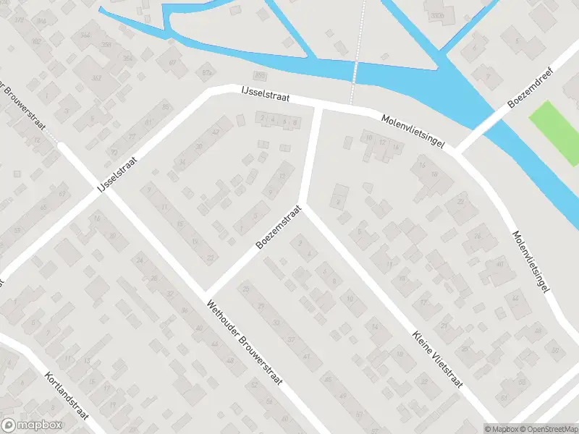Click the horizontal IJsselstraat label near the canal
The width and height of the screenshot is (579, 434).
[x=265, y=98]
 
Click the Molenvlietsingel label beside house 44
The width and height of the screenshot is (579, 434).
[x=532, y=261]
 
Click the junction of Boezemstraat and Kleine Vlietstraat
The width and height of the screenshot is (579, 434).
[x=303, y=205]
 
